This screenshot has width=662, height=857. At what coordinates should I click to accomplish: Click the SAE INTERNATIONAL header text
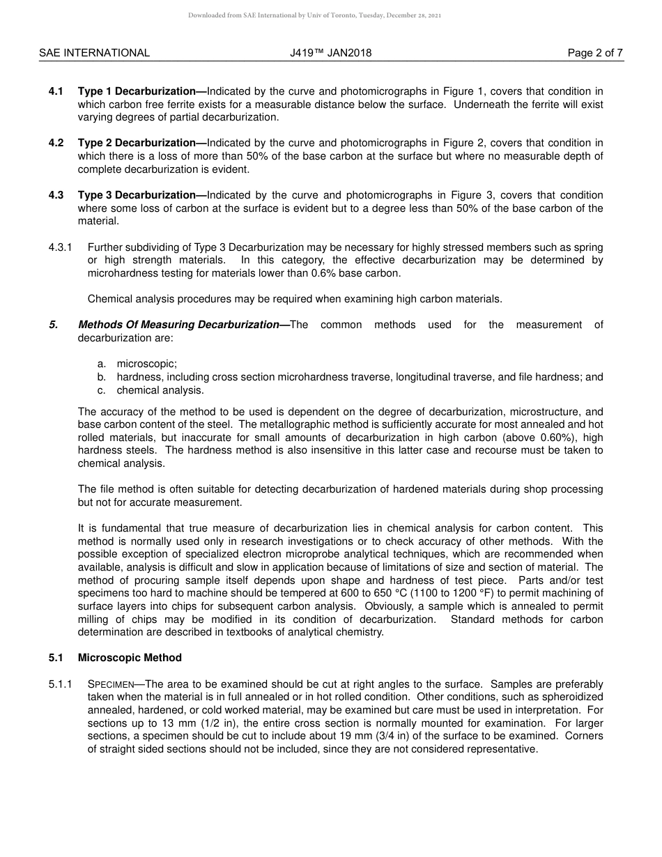coord(94,53)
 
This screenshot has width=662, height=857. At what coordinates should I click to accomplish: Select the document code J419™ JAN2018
coord(330,53)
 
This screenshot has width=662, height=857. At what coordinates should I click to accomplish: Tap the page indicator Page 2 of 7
coord(595,53)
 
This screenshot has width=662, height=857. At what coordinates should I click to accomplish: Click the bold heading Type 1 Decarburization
coord(137,91)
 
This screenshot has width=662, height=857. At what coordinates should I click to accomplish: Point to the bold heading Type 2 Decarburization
coord(137,144)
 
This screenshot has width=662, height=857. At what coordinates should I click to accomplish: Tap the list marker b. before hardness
coord(102,377)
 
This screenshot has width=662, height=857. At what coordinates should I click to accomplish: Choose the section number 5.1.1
coord(61,684)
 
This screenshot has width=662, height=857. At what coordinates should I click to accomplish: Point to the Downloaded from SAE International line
coord(314,15)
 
